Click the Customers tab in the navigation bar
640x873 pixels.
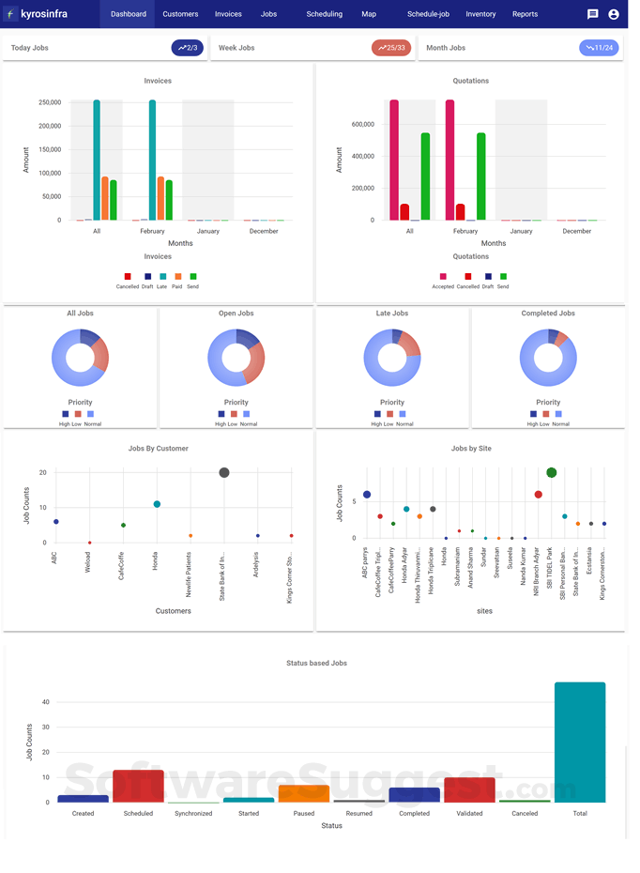(x=180, y=14)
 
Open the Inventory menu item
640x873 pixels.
(x=480, y=14)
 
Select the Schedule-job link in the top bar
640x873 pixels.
(x=428, y=14)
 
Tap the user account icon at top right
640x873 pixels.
(x=614, y=14)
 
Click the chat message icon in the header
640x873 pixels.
(x=592, y=14)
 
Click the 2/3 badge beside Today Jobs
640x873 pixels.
(x=187, y=48)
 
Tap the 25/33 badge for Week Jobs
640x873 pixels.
(x=391, y=48)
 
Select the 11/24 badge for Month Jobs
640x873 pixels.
(x=599, y=48)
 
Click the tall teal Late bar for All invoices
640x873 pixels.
(x=97, y=160)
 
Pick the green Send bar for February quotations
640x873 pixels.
(x=481, y=176)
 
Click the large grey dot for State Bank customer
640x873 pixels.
(x=224, y=472)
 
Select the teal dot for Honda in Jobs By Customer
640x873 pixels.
(x=157, y=504)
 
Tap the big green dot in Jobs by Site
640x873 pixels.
(x=552, y=472)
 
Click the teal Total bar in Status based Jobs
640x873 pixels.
(x=580, y=742)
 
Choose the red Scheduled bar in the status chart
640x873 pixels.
(x=138, y=786)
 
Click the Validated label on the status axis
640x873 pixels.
(x=469, y=814)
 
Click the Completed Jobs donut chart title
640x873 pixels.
(x=548, y=314)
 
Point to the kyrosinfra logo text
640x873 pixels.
(x=44, y=14)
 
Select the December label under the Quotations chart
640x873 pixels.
(x=577, y=231)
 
